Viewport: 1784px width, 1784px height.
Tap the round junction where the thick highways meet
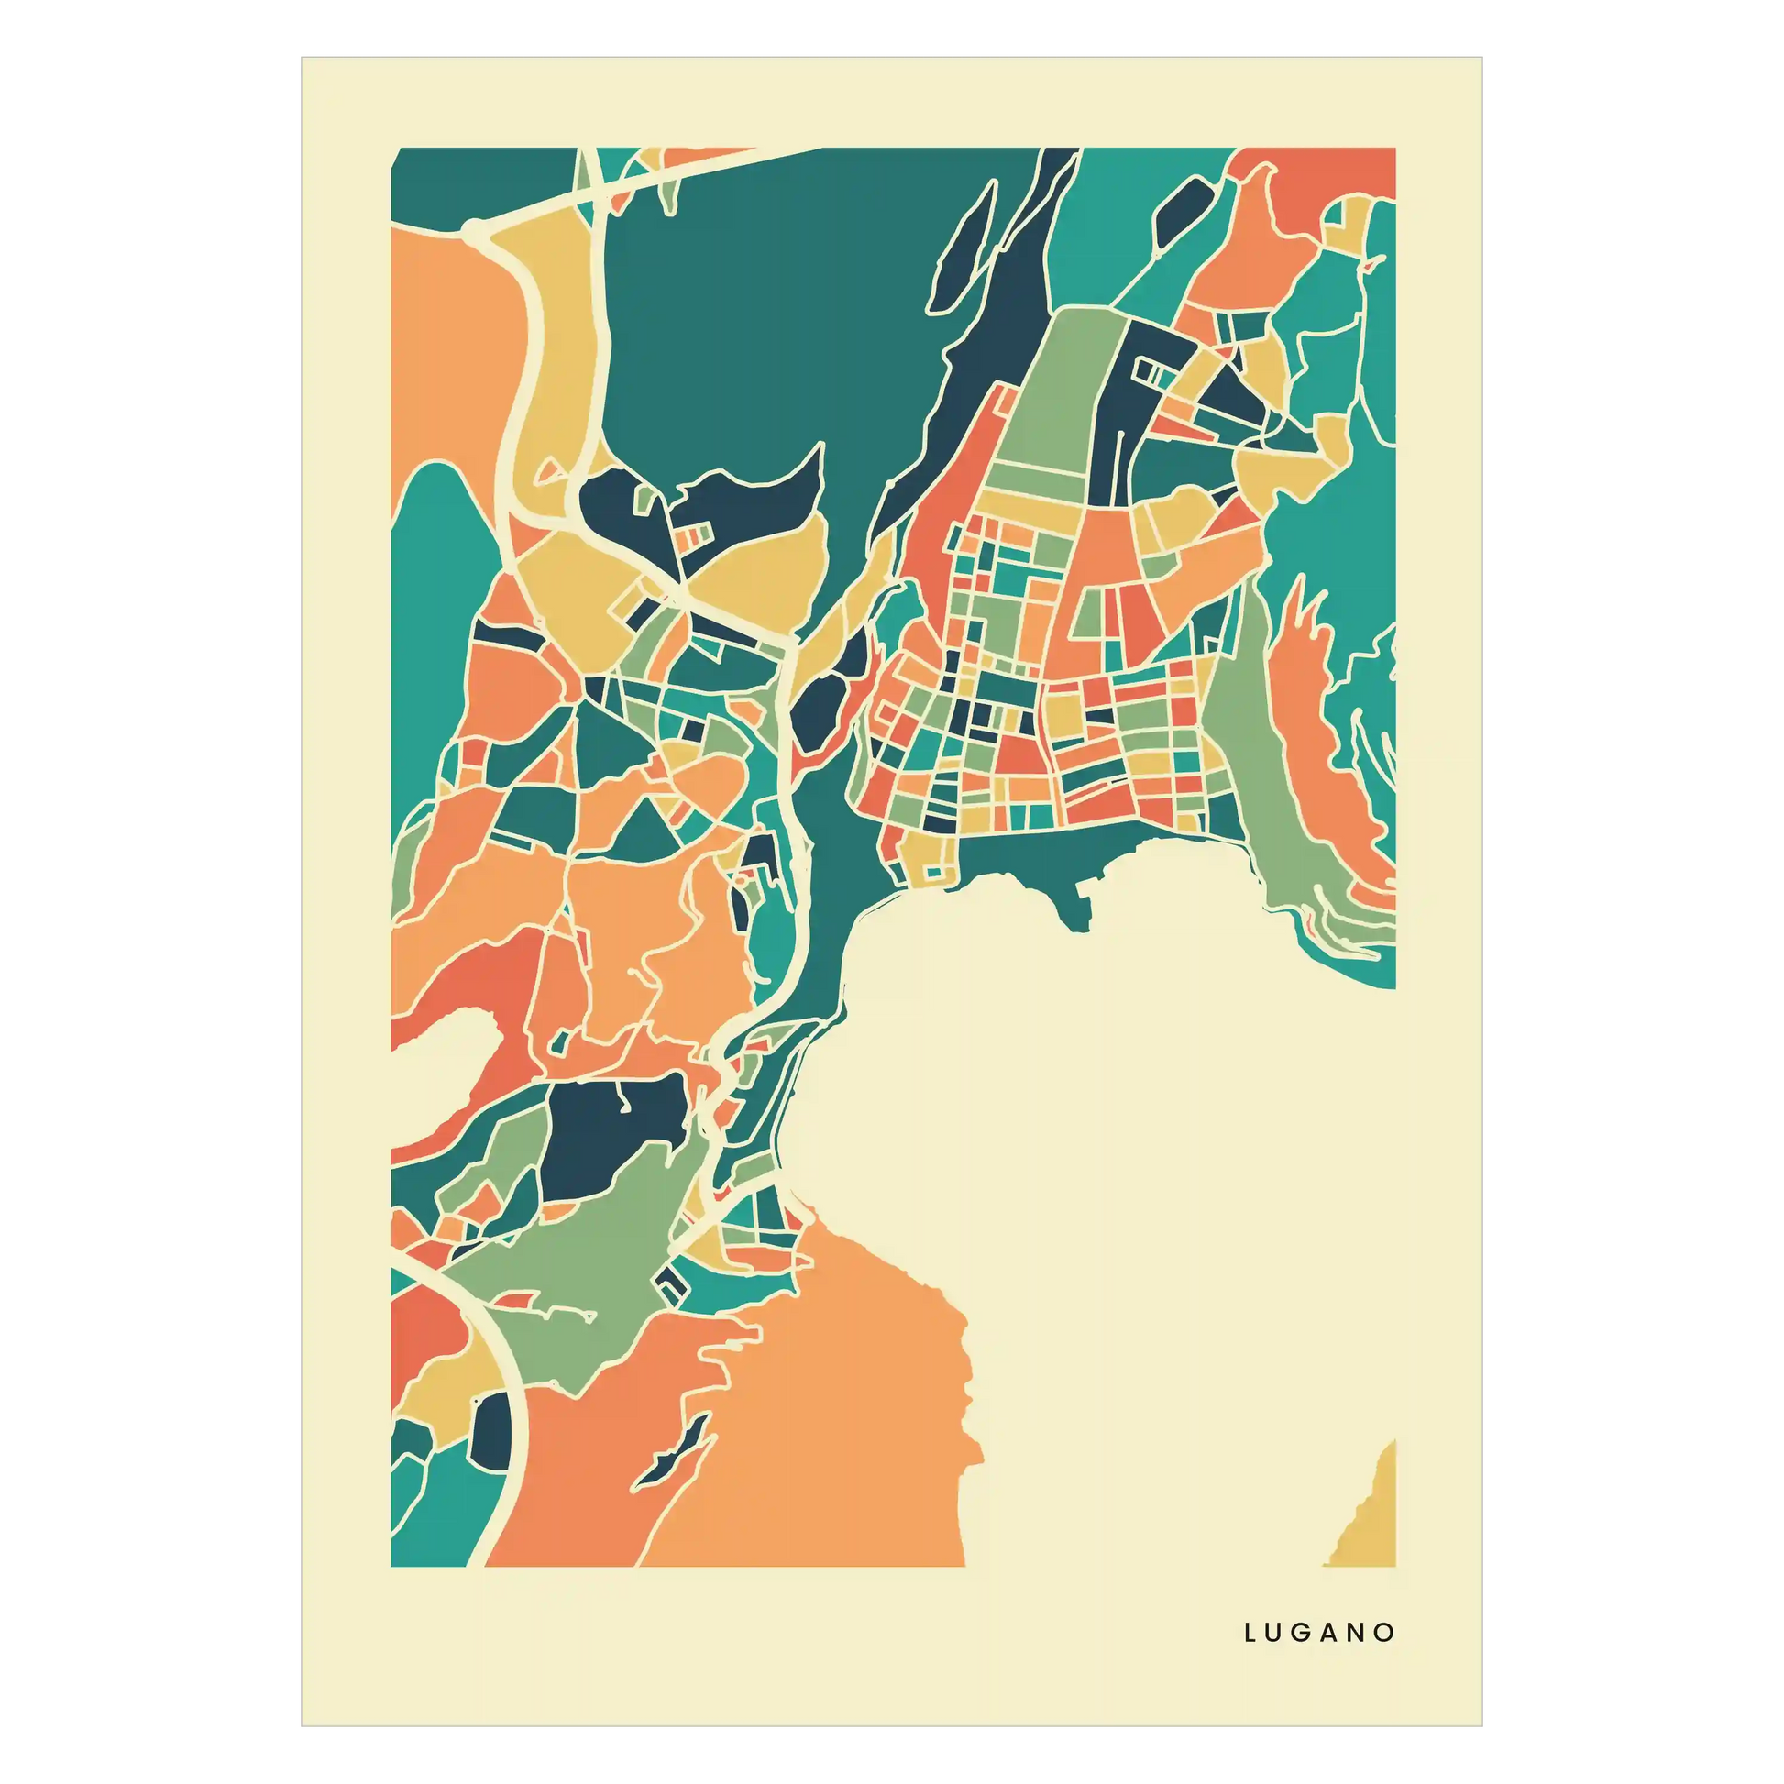click(x=474, y=227)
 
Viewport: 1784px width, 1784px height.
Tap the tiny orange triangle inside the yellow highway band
click(x=549, y=472)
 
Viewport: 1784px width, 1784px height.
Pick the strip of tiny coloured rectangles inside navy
click(x=692, y=536)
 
